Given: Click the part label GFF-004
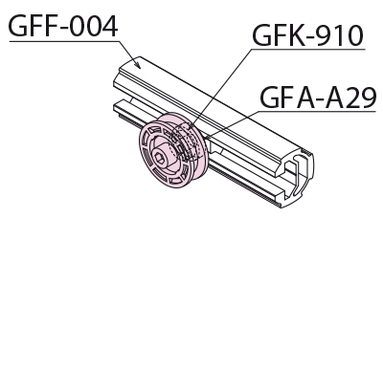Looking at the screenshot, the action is point(63,26).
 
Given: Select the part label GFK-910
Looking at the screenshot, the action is point(308,35).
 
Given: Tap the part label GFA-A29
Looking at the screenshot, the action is point(318,97).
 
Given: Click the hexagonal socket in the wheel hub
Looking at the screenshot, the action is point(159,158).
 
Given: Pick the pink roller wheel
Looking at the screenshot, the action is point(173,150).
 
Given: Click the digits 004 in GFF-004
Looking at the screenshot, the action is point(93,26).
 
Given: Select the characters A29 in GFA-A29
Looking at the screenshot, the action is point(350,97).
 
